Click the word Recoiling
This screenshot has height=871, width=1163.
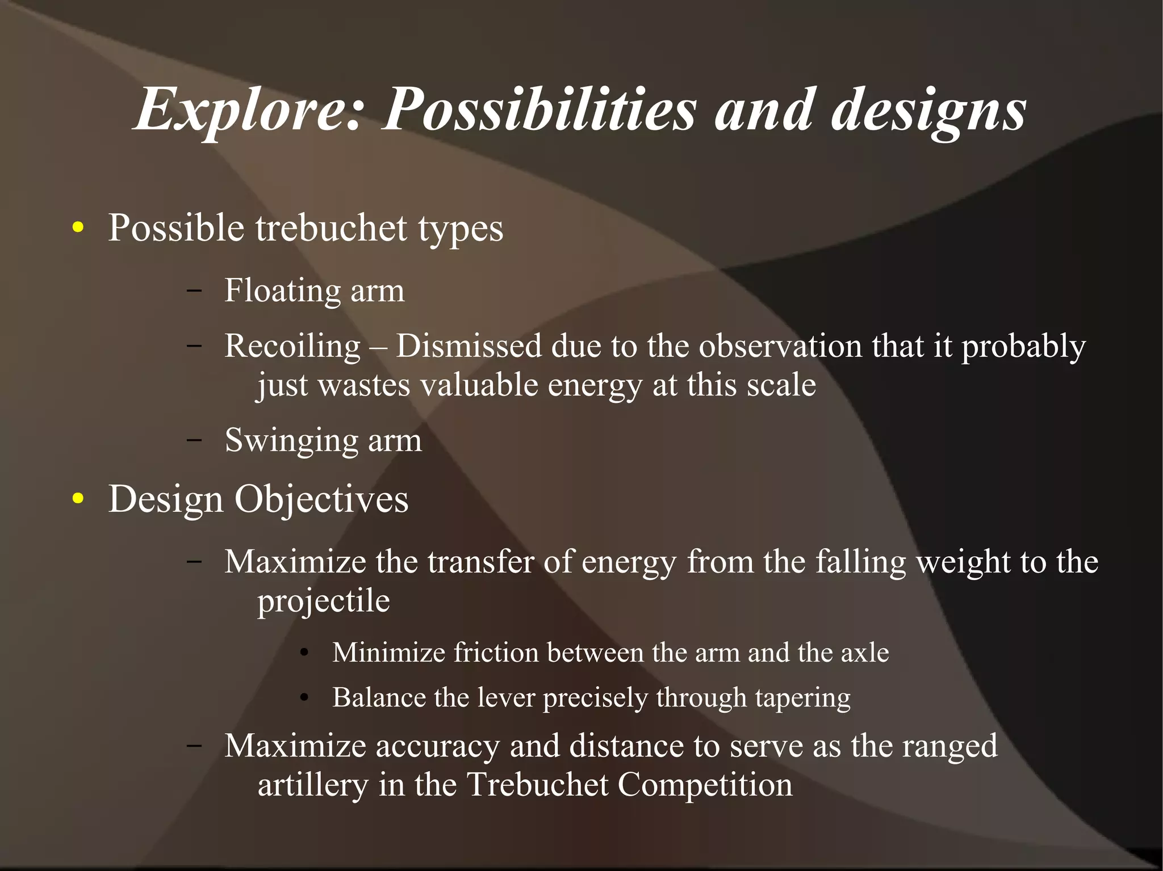(292, 346)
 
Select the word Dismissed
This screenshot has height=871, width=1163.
(468, 346)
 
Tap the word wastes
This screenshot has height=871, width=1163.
(364, 385)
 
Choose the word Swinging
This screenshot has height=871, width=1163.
(291, 440)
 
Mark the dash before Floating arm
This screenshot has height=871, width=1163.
(194, 291)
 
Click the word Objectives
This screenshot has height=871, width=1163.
(321, 499)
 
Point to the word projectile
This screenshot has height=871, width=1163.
(324, 601)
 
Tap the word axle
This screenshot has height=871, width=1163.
(864, 653)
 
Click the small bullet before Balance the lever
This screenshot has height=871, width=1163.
(304, 699)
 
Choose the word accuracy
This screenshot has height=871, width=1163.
(437, 746)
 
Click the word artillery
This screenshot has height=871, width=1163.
(313, 785)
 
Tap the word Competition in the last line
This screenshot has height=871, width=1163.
(705, 785)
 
